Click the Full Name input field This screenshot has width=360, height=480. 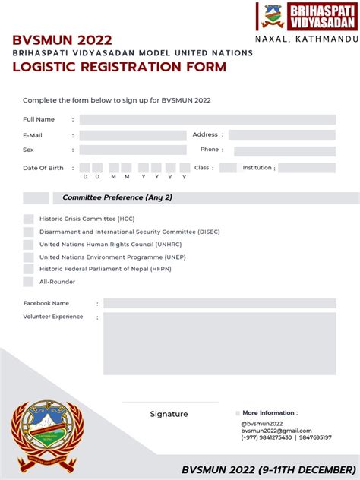(207, 119)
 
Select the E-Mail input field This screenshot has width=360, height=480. (132, 135)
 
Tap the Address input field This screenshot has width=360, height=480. (282, 135)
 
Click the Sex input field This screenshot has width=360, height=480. (132, 150)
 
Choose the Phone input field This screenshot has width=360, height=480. (284, 150)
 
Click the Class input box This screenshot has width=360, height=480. (228, 168)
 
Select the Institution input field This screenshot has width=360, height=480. (308, 168)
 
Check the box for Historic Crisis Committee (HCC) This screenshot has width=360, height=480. (28, 219)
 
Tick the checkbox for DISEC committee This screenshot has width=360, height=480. (28, 232)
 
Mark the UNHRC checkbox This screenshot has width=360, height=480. (28, 245)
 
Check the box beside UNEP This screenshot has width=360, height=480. (28, 257)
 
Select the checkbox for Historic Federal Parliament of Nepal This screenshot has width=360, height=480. (28, 269)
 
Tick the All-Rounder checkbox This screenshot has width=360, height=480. (28, 282)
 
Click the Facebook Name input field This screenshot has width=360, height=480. (219, 303)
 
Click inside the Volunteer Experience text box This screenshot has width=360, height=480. (219, 343)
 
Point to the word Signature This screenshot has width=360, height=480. (169, 415)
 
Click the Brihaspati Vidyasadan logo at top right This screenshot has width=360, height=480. (306, 17)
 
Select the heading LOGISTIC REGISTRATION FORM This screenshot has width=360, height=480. (118, 67)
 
